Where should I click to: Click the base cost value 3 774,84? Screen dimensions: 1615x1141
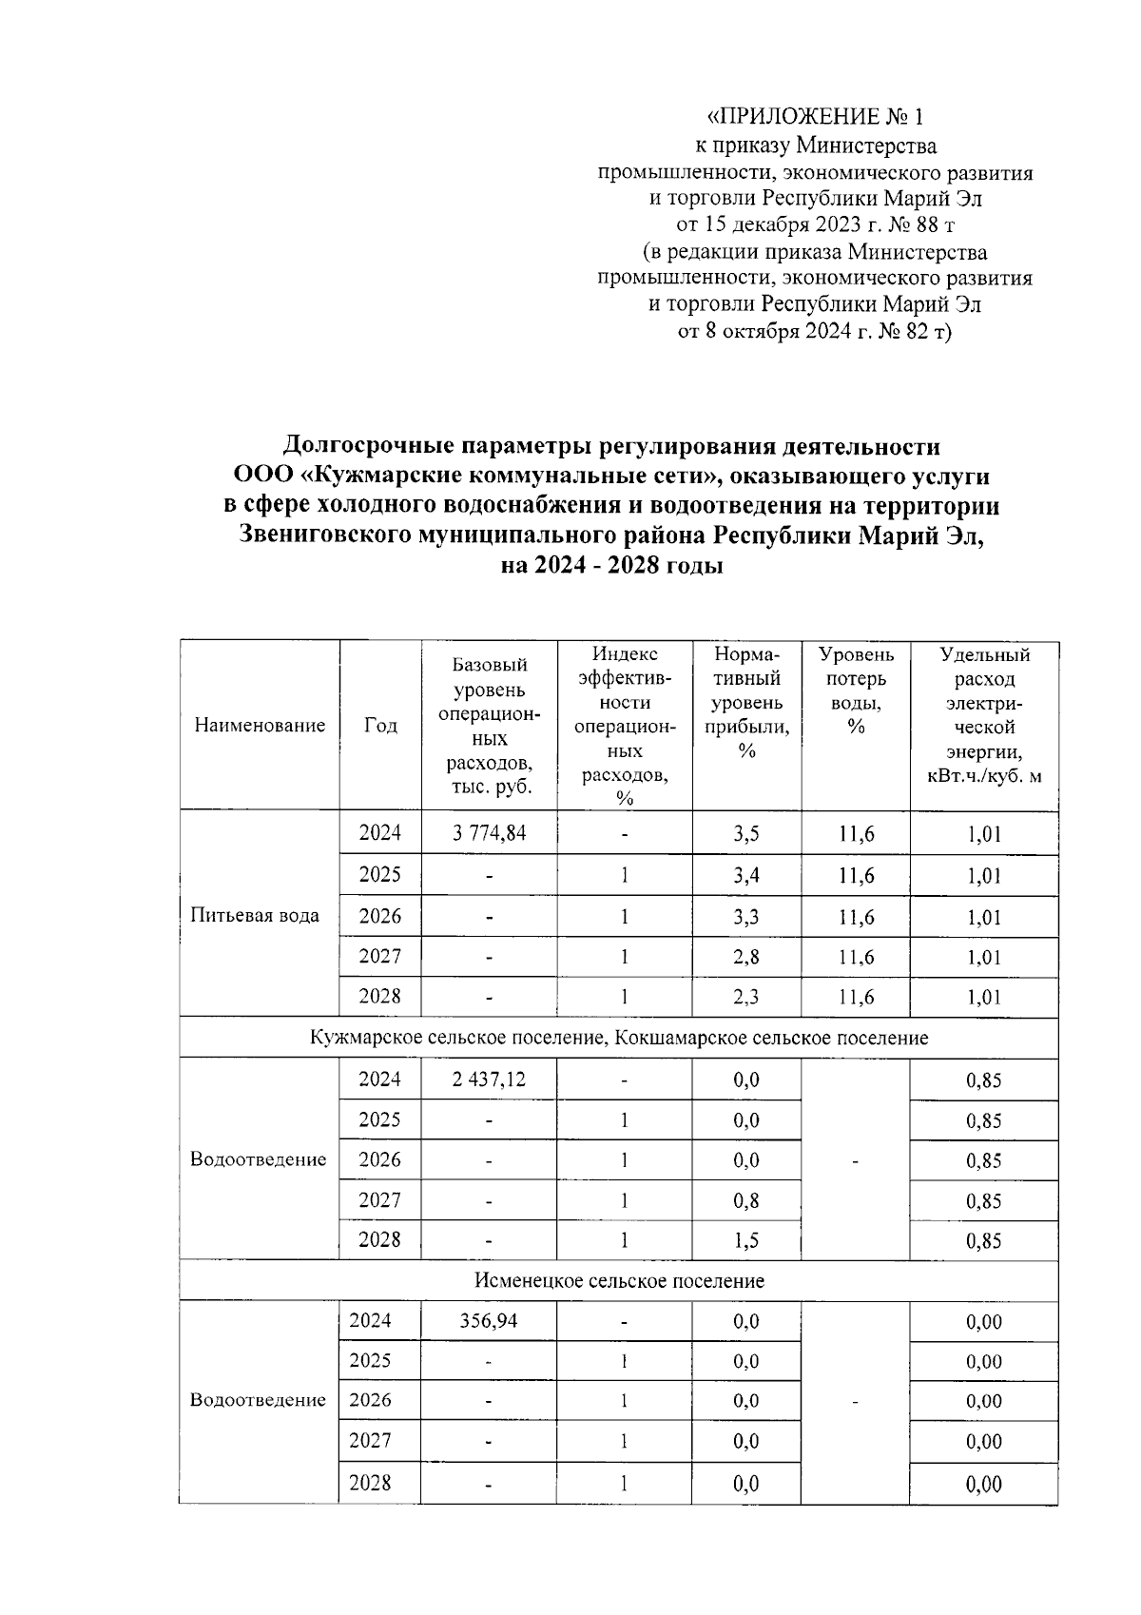[x=490, y=833]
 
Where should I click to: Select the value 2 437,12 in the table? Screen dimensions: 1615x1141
[x=490, y=1079]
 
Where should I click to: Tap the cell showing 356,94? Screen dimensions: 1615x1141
[x=488, y=1321]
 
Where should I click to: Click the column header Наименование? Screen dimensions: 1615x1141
[x=260, y=726]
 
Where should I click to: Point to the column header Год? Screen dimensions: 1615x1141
[x=380, y=726]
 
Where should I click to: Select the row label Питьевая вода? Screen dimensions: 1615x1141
[x=255, y=915]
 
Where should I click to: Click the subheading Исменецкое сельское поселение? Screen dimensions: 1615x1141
[x=619, y=1280]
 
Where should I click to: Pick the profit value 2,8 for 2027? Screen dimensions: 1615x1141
[x=746, y=957]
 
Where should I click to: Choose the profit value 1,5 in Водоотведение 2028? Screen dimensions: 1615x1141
[x=746, y=1240]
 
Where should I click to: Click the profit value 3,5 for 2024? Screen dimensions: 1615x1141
[x=746, y=834]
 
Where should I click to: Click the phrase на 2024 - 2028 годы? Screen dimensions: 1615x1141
[x=612, y=566]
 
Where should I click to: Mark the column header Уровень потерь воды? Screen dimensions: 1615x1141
[x=856, y=691]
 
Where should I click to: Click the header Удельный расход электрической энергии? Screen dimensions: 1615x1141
[x=984, y=715]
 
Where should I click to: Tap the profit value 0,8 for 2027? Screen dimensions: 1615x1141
[x=746, y=1200]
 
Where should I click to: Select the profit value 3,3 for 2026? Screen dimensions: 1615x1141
[x=746, y=917]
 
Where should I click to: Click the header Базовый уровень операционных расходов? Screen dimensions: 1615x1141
[x=490, y=726]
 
